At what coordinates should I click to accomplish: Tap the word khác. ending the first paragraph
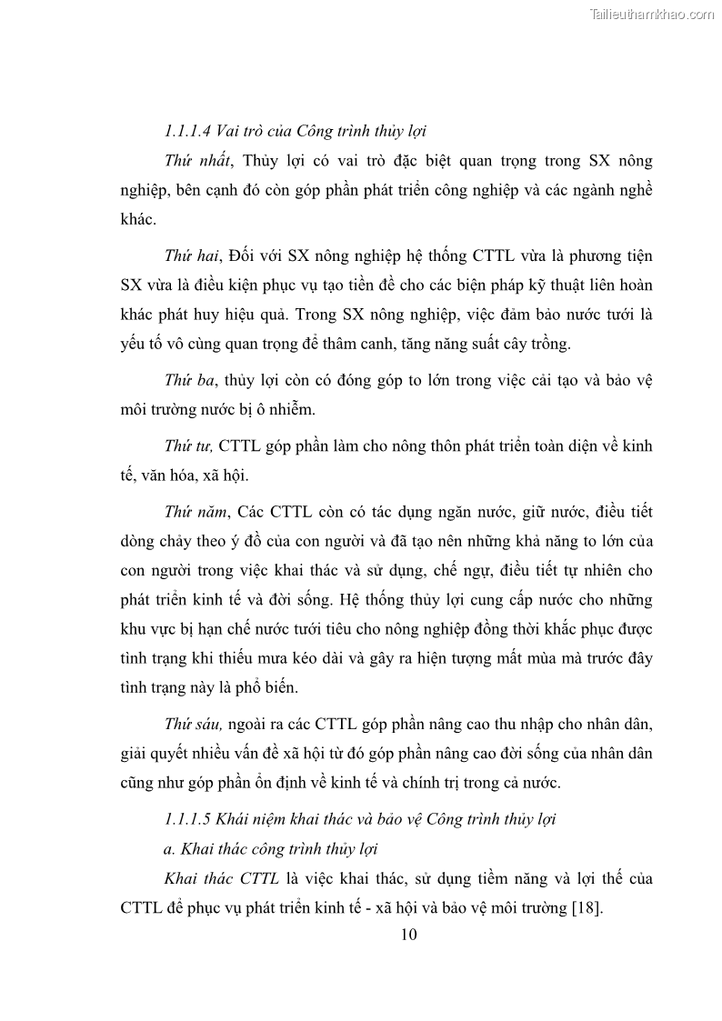(x=138, y=220)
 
